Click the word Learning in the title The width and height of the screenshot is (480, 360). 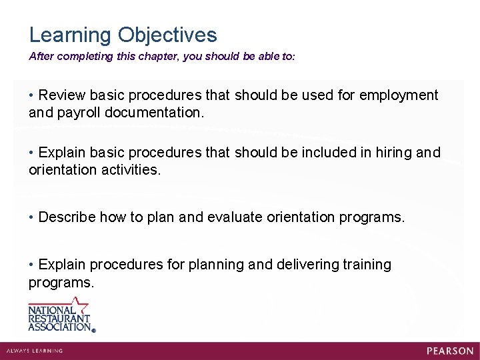71,35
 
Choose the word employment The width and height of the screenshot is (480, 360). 399,95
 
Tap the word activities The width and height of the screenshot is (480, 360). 130,170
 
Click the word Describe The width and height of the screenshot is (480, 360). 64,217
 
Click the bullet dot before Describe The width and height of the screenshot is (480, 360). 32,217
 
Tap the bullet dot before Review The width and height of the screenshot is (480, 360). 32,95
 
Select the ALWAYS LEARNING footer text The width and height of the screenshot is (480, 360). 34,351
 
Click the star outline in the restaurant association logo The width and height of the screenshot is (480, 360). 79,305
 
